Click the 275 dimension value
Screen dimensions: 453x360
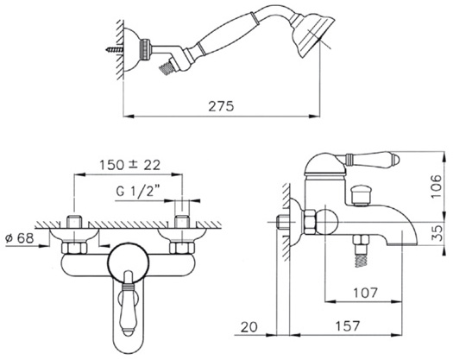pos(221,106)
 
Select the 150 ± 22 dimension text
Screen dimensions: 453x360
pos(129,165)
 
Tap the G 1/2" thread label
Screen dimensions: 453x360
pos(138,192)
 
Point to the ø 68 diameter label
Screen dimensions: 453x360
pos(20,238)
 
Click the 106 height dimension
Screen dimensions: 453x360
pos(437,186)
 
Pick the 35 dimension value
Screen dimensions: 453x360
pos(438,233)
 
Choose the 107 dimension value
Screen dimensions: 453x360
pos(366,293)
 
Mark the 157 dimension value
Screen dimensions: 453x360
pos(348,326)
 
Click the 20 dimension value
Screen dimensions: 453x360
pos(249,327)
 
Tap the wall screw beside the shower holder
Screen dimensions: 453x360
pos(115,50)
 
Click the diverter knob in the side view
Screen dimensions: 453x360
pos(360,196)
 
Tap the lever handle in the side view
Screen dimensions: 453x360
pos(371,159)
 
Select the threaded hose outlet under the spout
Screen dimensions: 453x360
pos(362,251)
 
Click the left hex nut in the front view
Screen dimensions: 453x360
pos(74,249)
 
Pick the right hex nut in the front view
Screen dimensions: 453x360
pos(182,249)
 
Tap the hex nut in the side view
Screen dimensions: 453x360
pos(310,222)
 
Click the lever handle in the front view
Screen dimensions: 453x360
pos(129,304)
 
